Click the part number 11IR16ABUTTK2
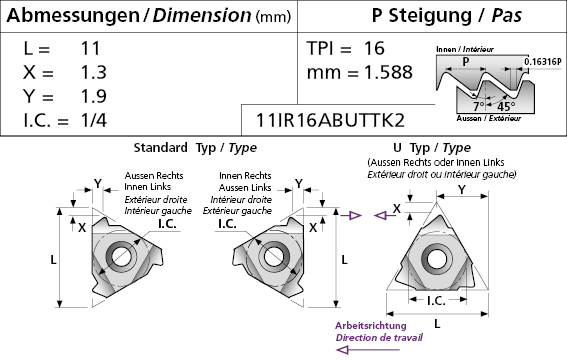point(330,120)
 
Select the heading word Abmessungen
point(73,15)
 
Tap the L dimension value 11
point(90,48)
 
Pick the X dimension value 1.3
point(93,72)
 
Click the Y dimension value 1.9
point(93,96)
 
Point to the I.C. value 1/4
point(94,120)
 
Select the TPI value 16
point(374,48)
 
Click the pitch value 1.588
point(388,72)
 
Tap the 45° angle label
point(506,106)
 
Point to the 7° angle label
point(478,106)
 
